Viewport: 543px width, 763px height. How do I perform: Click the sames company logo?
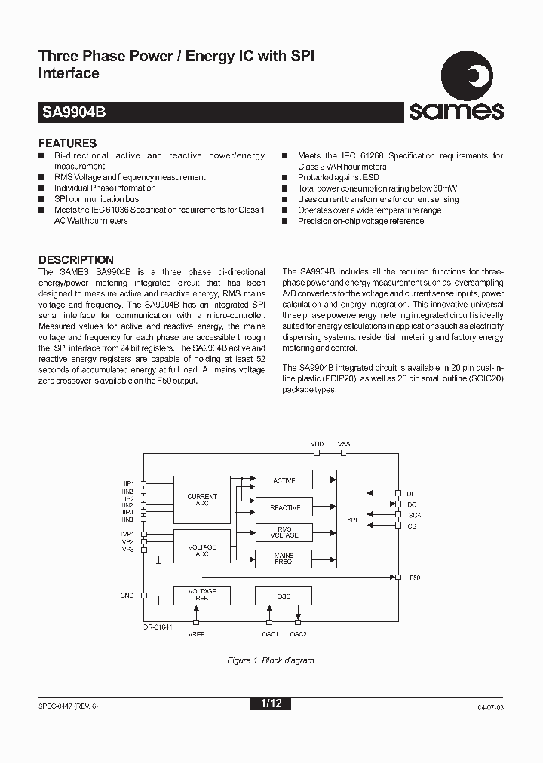[x=456, y=91]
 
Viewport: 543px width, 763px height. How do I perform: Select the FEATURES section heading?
[x=67, y=142]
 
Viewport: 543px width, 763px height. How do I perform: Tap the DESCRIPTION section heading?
[x=75, y=259]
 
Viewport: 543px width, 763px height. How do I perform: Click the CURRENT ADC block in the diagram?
[x=202, y=499]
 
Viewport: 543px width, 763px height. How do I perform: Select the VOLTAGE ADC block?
[x=202, y=550]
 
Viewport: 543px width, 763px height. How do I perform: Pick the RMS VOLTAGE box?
[x=284, y=532]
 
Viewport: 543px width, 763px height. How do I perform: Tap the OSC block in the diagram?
[x=284, y=596]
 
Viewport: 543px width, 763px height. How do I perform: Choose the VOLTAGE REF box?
[x=202, y=596]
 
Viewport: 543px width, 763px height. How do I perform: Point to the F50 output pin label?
[x=415, y=577]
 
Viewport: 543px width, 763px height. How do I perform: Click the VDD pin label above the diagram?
[x=318, y=445]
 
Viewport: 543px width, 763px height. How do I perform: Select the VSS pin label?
[x=344, y=445]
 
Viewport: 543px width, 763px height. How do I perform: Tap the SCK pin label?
[x=414, y=515]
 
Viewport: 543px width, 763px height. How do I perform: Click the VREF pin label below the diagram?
[x=196, y=634]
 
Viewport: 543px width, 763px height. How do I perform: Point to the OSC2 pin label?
[x=298, y=634]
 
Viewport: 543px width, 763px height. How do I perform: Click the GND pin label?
[x=127, y=596]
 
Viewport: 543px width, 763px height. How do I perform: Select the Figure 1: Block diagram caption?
[x=271, y=660]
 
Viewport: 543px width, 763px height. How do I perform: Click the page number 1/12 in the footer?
[x=271, y=703]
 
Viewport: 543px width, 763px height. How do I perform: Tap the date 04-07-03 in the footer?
[x=490, y=707]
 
